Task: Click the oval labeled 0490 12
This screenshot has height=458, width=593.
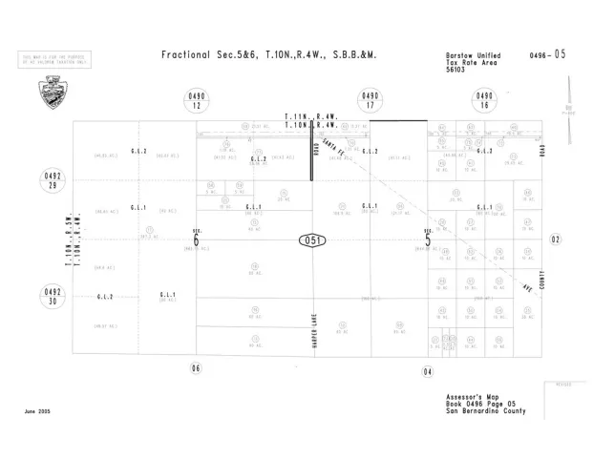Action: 197,102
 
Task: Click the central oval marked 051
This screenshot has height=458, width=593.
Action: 311,239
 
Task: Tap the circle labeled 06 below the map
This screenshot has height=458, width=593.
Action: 197,368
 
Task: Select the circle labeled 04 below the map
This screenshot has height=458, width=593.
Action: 428,370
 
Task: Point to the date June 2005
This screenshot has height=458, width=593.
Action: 38,412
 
